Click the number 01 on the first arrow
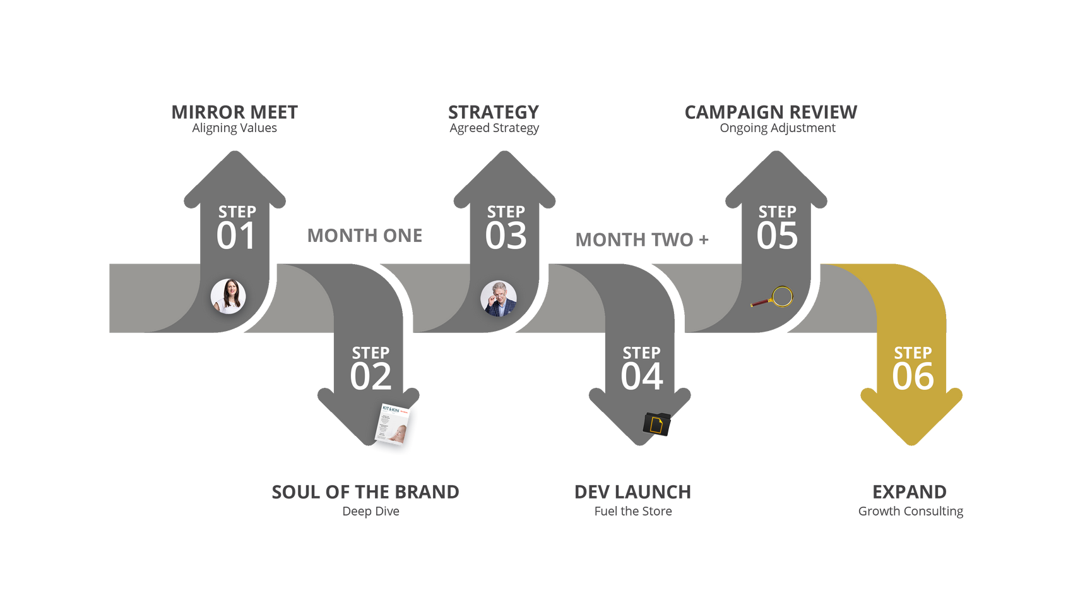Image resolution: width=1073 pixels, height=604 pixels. click(x=236, y=236)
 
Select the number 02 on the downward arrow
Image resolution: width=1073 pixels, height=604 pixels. click(x=371, y=377)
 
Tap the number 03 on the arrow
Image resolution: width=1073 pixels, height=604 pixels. click(x=506, y=236)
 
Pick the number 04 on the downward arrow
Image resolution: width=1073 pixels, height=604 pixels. click(x=642, y=377)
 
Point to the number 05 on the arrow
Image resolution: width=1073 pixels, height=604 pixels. click(x=777, y=236)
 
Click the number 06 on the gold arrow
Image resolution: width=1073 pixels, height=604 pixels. click(x=913, y=377)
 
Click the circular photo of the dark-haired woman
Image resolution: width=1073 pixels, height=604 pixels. click(x=228, y=296)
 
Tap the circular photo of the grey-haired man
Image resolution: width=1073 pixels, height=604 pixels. click(x=499, y=298)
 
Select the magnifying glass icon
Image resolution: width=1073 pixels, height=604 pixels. click(x=774, y=297)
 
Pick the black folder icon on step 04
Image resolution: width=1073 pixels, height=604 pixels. click(x=657, y=425)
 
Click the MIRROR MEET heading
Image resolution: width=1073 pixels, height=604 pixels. click(x=235, y=112)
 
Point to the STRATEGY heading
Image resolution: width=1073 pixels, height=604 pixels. click(x=494, y=112)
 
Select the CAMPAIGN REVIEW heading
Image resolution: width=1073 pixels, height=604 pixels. click(x=771, y=112)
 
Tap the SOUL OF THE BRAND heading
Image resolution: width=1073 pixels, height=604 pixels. click(x=365, y=492)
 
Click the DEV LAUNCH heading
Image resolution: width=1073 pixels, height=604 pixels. click(x=632, y=492)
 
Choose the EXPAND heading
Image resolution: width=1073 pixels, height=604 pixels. click(x=910, y=492)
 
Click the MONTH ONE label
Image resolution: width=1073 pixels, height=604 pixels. click(x=365, y=236)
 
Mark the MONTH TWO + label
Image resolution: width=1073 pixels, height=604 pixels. click(x=642, y=240)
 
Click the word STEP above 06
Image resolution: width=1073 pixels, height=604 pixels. click(x=913, y=353)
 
